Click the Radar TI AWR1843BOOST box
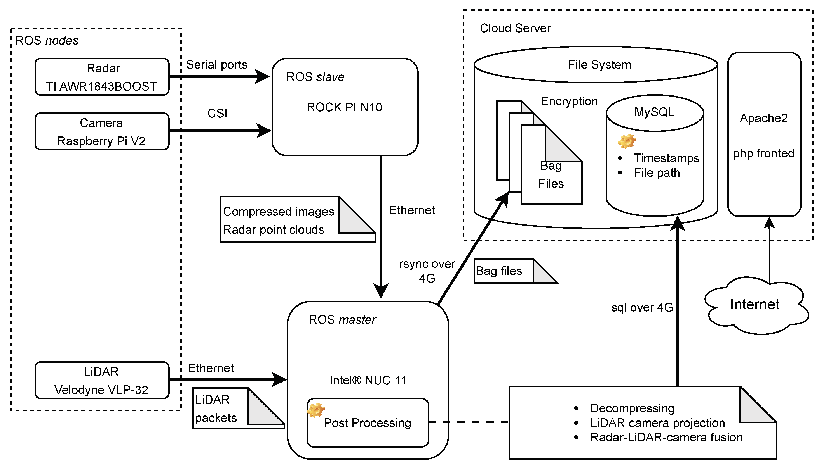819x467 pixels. click(102, 77)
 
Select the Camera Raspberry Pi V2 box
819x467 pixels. click(102, 131)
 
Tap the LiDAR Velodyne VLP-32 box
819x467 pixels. click(102, 380)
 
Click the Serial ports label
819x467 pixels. click(217, 65)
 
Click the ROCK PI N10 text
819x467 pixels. click(344, 107)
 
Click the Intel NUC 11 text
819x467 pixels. click(368, 380)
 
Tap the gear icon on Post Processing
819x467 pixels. click(315, 410)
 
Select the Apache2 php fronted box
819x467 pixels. click(764, 135)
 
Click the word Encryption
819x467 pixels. click(569, 101)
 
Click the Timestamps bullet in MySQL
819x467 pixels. click(666, 158)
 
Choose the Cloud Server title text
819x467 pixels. click(515, 28)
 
